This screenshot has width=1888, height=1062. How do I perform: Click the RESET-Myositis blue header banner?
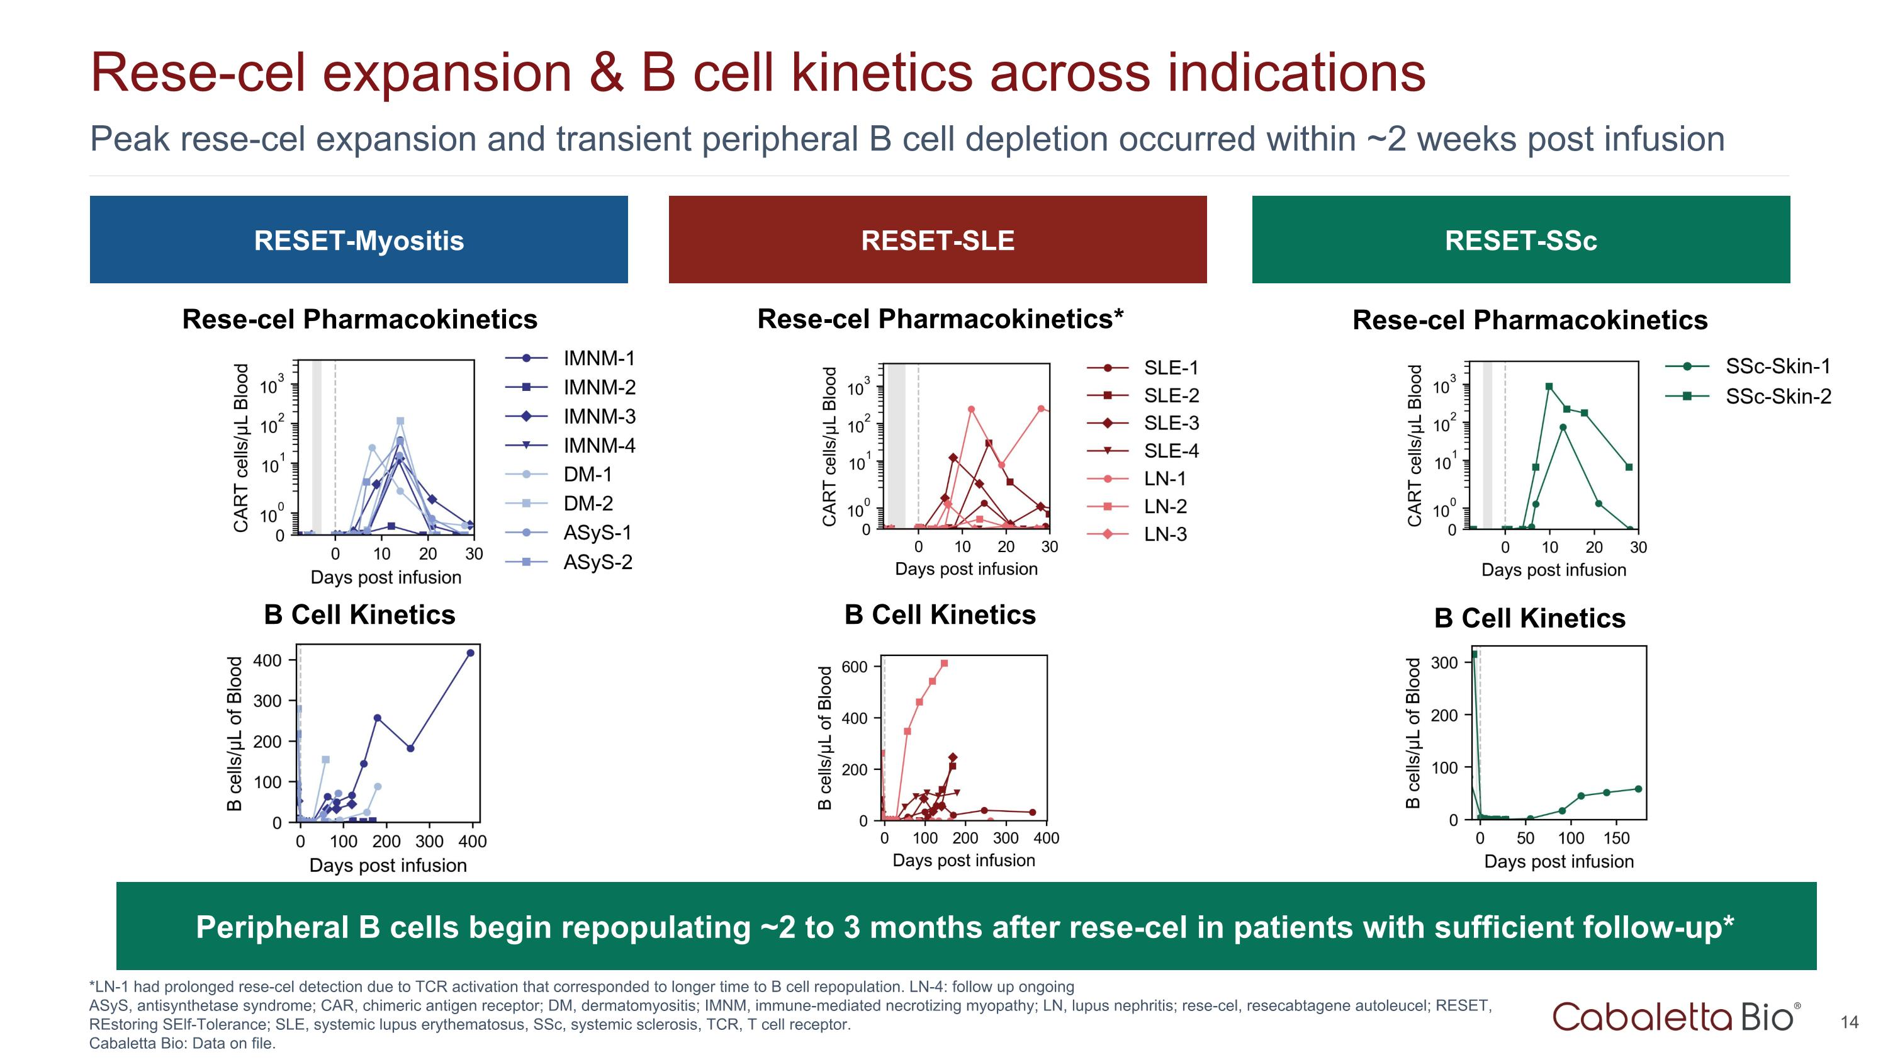(358, 240)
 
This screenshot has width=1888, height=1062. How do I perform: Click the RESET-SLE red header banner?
(938, 240)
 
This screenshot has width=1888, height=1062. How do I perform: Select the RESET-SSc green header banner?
(1521, 240)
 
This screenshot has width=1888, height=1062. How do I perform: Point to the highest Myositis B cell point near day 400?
(471, 653)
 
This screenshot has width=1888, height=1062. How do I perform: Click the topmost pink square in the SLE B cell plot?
(944, 664)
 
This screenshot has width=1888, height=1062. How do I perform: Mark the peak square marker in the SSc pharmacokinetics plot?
(1549, 387)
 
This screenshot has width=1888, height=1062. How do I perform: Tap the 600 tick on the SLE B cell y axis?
(855, 667)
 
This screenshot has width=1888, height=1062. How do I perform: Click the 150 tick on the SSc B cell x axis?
(1616, 838)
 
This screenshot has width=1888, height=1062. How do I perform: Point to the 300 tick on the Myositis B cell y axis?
(267, 701)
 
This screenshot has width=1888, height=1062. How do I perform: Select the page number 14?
(1849, 1022)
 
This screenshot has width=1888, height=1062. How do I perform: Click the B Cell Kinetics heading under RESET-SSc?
(1530, 618)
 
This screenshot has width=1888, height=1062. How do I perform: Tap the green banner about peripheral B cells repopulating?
(965, 927)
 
